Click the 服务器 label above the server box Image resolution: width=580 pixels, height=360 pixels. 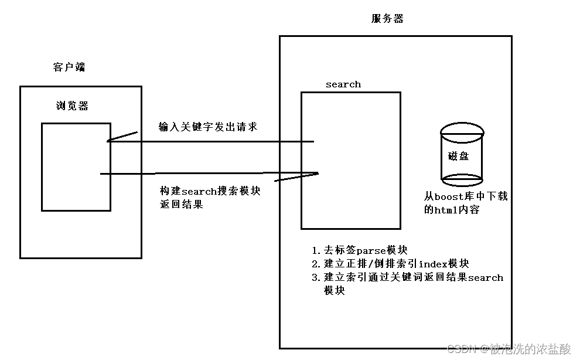[387, 19]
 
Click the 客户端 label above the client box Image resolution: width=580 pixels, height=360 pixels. [69, 67]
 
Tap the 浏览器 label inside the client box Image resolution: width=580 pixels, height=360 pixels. [72, 106]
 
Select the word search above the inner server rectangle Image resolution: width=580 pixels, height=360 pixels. [343, 84]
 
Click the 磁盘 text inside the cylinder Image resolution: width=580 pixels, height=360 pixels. [458, 157]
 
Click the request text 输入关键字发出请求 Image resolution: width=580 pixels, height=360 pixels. [208, 127]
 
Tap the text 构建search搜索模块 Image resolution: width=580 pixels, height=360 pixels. [210, 192]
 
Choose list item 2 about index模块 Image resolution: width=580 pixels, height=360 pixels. [390, 264]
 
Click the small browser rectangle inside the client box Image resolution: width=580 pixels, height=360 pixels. [76, 167]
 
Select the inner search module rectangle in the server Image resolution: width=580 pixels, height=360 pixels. [350, 160]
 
